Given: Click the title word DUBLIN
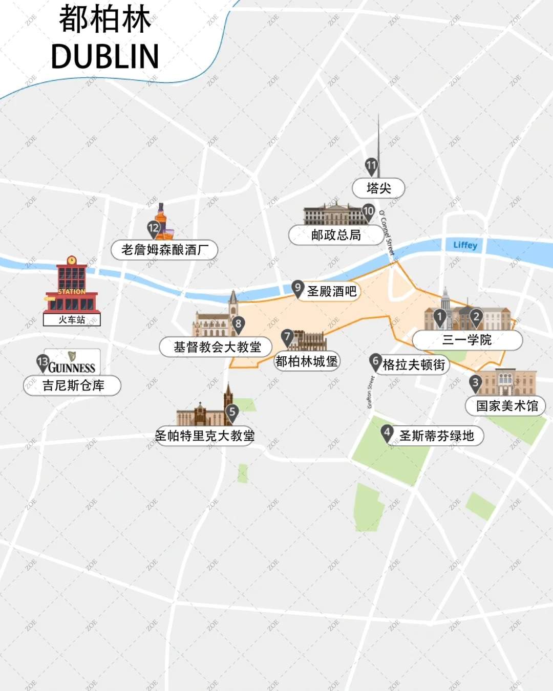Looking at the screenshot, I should click(105, 56).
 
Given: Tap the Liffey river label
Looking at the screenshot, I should click(465, 245).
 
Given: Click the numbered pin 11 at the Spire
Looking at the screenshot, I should click(371, 166).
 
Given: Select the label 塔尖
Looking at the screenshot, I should click(378, 188).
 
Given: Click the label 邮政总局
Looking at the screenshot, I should click(336, 235).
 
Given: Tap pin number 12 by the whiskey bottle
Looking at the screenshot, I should click(154, 228).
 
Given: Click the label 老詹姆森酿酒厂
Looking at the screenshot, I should click(164, 250).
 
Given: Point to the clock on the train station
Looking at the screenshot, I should click(72, 260).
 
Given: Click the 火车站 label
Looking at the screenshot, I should click(72, 320).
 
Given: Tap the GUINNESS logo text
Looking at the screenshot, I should click(72, 368).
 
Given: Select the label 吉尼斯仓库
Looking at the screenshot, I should click(73, 385).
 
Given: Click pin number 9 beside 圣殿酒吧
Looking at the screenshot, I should click(297, 288).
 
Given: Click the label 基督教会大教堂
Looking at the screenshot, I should click(217, 347).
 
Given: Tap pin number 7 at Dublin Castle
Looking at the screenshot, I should click(287, 337).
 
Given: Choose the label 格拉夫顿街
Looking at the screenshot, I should click(414, 364).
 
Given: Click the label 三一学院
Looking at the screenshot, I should click(466, 340).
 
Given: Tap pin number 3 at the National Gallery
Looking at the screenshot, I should click(475, 382).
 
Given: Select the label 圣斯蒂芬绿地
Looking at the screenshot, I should click(436, 436).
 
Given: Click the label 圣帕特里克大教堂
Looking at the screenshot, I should click(205, 436).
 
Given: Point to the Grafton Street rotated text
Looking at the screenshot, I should click(371, 392).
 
